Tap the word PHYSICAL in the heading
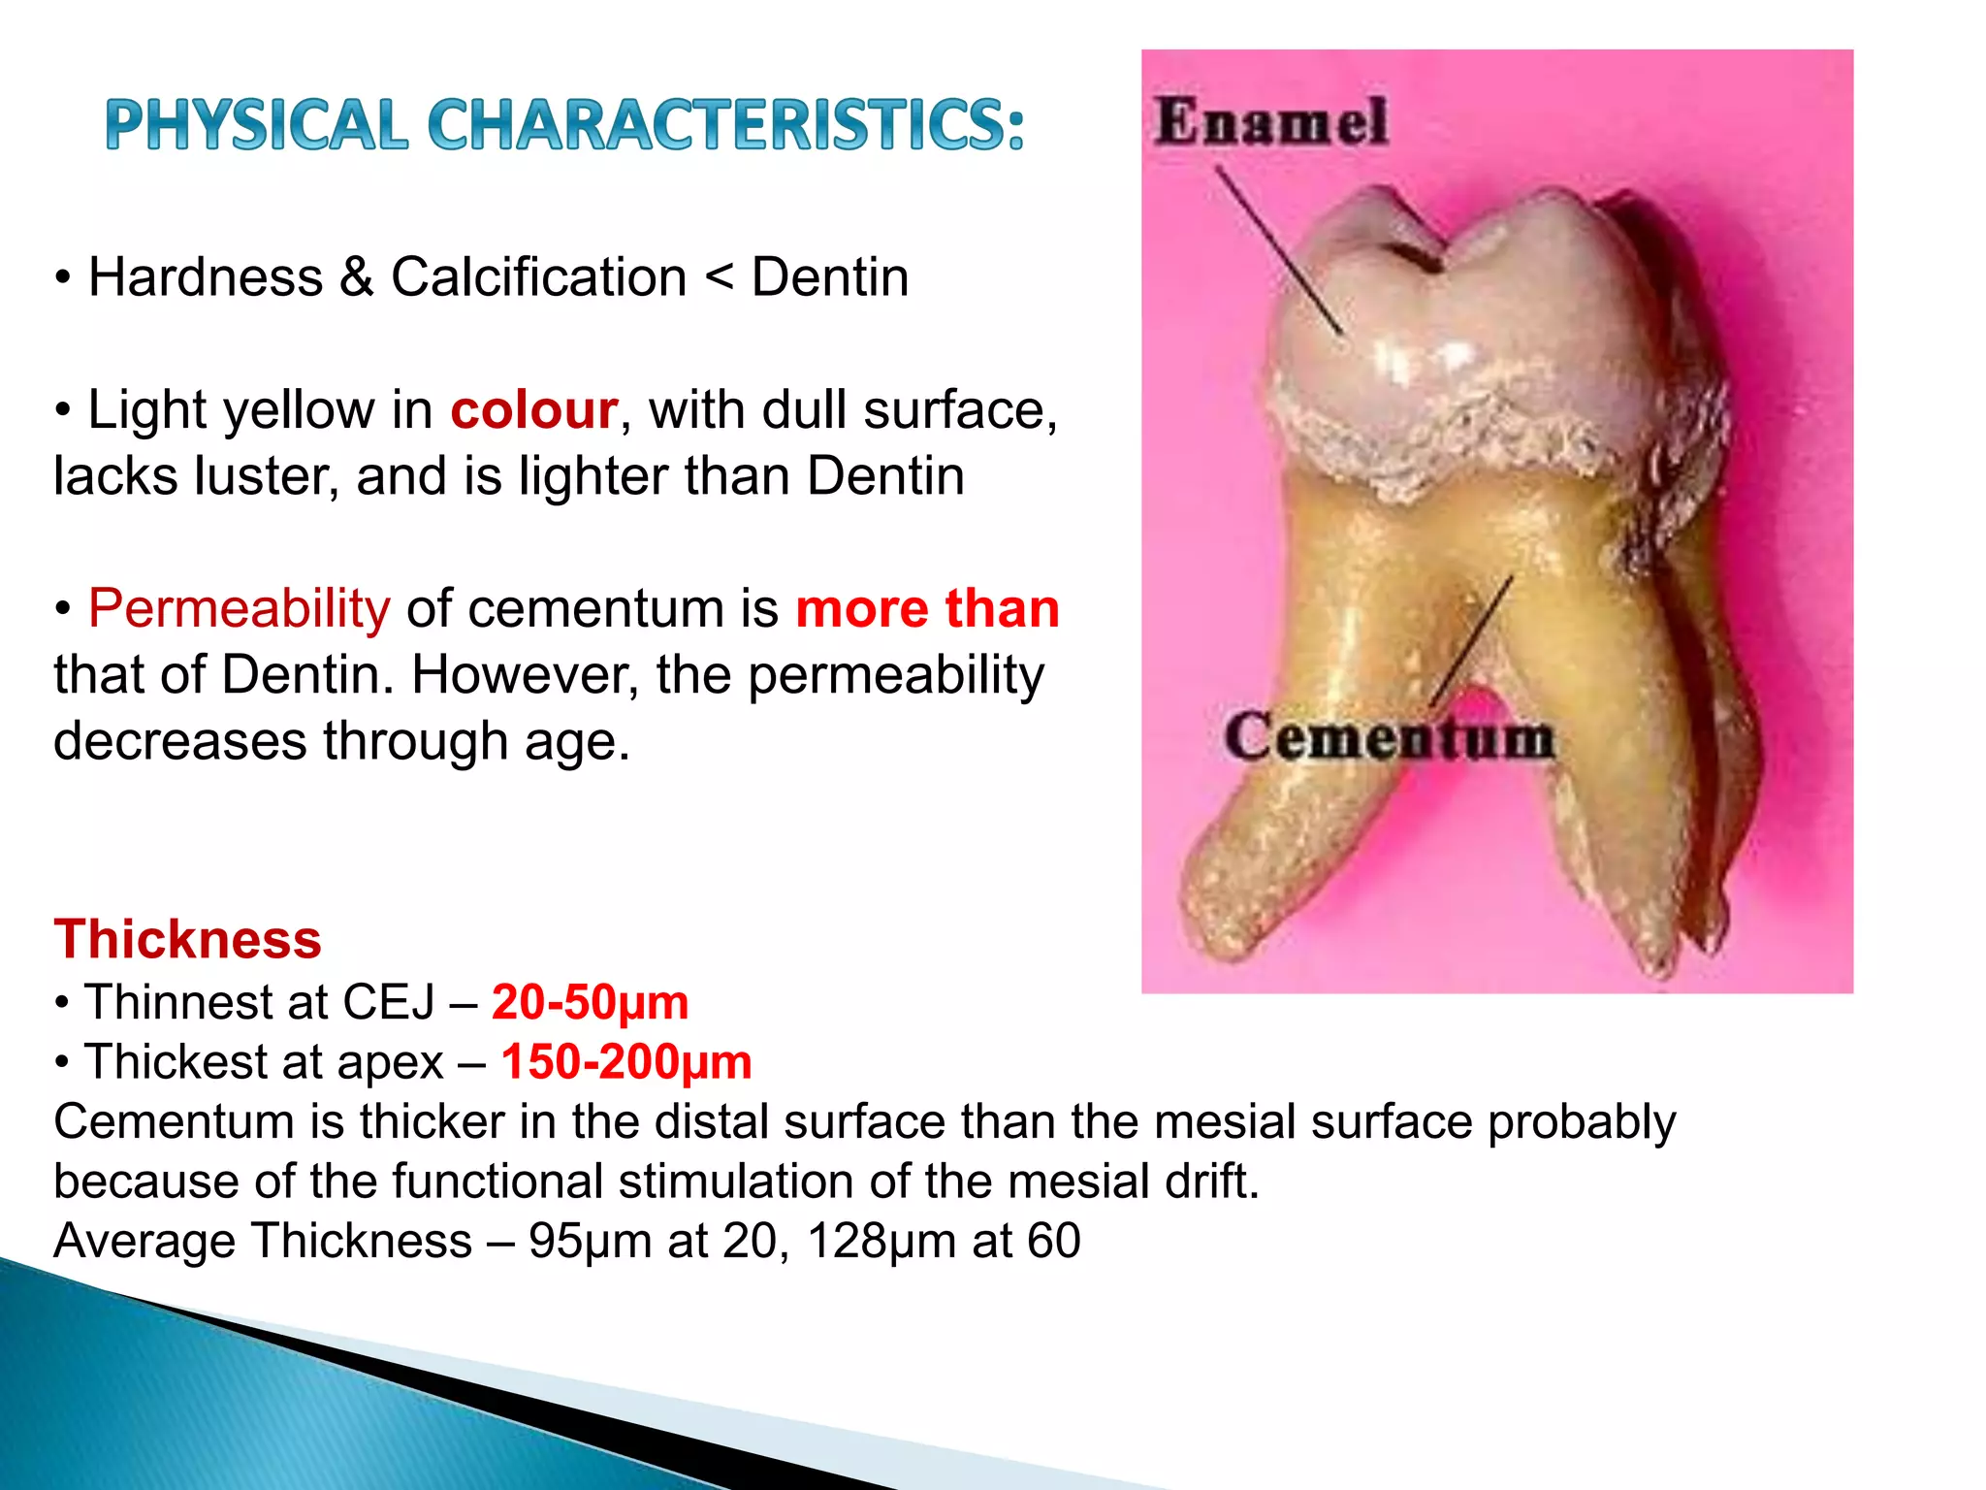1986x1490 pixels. [x=257, y=125]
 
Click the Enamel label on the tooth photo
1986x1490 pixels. [x=1271, y=122]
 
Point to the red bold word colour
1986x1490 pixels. [x=534, y=410]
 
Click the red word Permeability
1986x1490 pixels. [x=240, y=609]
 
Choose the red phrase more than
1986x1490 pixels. [x=927, y=609]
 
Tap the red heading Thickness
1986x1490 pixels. [x=187, y=939]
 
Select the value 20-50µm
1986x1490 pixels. [x=590, y=1002]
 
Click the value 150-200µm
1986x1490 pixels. [x=626, y=1061]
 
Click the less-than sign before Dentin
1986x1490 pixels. [x=719, y=278]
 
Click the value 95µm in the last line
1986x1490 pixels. [x=590, y=1241]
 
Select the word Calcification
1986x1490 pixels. [x=538, y=277]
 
